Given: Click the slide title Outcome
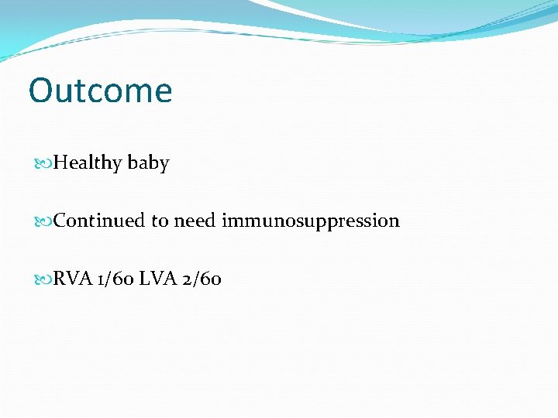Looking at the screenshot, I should [100, 91].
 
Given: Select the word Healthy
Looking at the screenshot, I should [88, 163].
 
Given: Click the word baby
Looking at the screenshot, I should [148, 163].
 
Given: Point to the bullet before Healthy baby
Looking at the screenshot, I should [45, 163].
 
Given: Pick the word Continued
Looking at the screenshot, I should [100, 221].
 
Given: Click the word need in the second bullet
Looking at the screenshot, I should [195, 221].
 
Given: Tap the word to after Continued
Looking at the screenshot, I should [159, 221].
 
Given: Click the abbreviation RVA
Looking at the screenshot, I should [74, 279].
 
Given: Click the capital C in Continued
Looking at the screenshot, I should [61, 221].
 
